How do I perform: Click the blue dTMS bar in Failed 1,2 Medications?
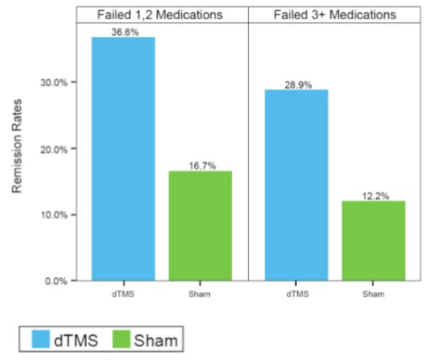click(x=123, y=159)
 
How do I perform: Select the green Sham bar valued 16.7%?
click(x=201, y=226)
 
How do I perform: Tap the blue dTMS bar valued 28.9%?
click(x=296, y=185)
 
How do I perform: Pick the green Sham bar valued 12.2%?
click(x=374, y=241)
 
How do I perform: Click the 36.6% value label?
click(x=125, y=32)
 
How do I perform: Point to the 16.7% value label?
click(x=202, y=166)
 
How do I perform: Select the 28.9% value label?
click(x=298, y=85)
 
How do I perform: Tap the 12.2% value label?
click(x=375, y=197)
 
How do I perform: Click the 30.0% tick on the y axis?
click(x=54, y=82)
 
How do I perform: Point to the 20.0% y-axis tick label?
click(x=54, y=149)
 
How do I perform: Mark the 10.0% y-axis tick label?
click(x=54, y=215)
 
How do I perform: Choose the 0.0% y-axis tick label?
click(x=56, y=281)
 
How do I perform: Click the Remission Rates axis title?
click(x=17, y=146)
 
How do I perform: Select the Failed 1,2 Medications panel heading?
click(x=160, y=15)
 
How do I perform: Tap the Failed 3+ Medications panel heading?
click(x=335, y=15)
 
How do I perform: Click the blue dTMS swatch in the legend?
click(x=41, y=339)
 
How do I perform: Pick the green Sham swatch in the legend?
click(x=122, y=339)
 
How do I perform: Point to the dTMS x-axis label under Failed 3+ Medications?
click(x=298, y=294)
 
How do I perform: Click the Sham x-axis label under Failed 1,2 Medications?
click(x=200, y=294)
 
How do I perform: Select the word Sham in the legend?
click(x=156, y=340)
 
